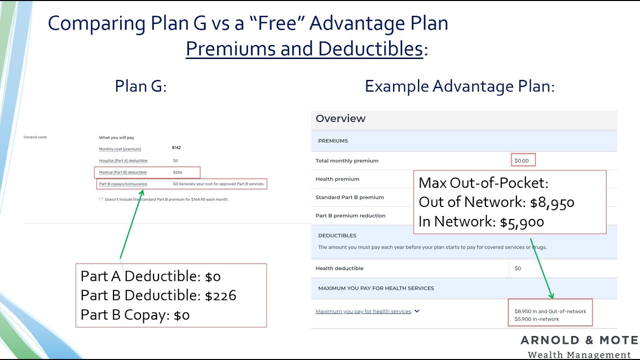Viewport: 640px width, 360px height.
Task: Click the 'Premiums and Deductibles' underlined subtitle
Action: (x=304, y=49)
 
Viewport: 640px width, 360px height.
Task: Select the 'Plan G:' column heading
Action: (x=140, y=86)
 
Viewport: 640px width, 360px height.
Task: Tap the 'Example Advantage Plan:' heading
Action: (x=459, y=86)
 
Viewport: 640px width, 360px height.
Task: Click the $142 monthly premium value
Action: (x=176, y=148)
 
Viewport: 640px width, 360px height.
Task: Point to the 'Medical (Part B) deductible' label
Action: (x=122, y=172)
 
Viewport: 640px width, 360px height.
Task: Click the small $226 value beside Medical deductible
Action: (x=177, y=172)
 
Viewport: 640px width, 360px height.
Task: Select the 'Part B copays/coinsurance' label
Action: (x=123, y=184)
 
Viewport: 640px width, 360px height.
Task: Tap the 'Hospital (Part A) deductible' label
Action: (x=123, y=160)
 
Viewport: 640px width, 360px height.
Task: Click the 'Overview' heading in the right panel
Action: (x=340, y=118)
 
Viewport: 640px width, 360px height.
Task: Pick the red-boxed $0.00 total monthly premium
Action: (x=521, y=160)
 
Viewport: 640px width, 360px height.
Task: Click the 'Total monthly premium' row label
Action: (x=347, y=160)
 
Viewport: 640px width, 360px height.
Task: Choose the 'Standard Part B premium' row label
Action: (x=349, y=197)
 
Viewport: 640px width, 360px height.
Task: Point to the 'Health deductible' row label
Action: (x=339, y=268)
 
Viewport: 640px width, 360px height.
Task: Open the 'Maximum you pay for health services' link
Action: (x=363, y=311)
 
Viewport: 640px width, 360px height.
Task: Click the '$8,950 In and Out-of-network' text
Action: (x=550, y=311)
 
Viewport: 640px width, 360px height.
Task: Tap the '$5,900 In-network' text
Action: (x=536, y=319)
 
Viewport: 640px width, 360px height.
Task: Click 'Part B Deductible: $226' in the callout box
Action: (x=158, y=295)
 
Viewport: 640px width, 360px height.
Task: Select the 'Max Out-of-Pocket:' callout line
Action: (x=483, y=183)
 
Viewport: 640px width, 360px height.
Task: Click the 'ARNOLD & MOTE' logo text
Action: (x=579, y=340)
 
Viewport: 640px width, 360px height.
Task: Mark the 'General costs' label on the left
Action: (x=35, y=137)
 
